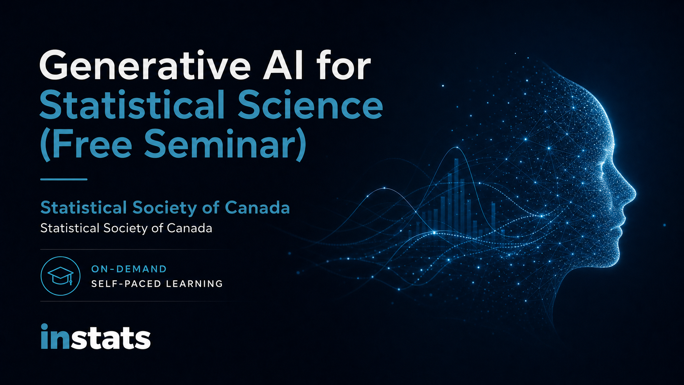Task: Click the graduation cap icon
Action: coord(60,276)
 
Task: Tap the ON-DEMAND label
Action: coord(129,269)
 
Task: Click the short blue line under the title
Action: coord(64,179)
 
